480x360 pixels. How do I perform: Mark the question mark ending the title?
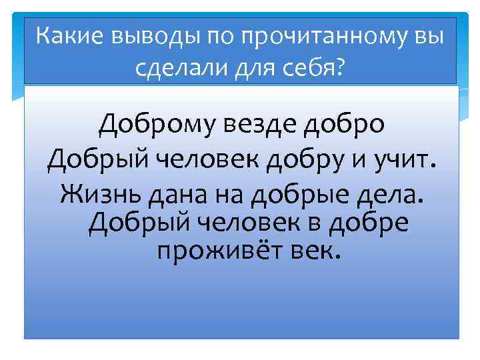(341, 66)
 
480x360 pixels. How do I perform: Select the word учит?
(403, 159)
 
